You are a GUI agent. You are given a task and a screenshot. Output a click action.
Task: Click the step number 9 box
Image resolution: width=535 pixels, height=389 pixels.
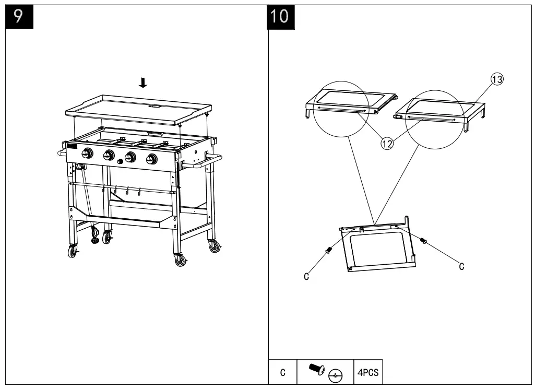click(18, 16)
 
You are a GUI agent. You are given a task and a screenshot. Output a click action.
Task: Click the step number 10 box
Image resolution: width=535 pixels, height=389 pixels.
click(280, 16)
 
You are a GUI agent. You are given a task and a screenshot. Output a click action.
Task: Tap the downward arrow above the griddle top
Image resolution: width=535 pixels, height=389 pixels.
click(144, 82)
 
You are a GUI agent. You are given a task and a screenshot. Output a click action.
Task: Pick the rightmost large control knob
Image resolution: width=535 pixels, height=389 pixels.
click(152, 159)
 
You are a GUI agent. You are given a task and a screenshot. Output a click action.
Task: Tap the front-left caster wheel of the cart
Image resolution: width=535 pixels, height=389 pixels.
click(72, 252)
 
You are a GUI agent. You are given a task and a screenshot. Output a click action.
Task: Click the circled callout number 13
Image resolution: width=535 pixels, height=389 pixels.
click(496, 79)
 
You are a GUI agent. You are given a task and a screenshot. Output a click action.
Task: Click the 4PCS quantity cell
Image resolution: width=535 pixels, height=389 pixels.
click(367, 373)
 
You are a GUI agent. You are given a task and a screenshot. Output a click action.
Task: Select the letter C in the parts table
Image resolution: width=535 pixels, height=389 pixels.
click(282, 373)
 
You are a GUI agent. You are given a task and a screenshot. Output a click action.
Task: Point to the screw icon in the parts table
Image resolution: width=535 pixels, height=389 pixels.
click(316, 370)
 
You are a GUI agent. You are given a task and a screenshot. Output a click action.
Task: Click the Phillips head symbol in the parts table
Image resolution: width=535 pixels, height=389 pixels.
click(336, 375)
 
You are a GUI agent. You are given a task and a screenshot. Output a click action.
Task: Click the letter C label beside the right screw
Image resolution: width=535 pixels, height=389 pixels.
click(461, 267)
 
